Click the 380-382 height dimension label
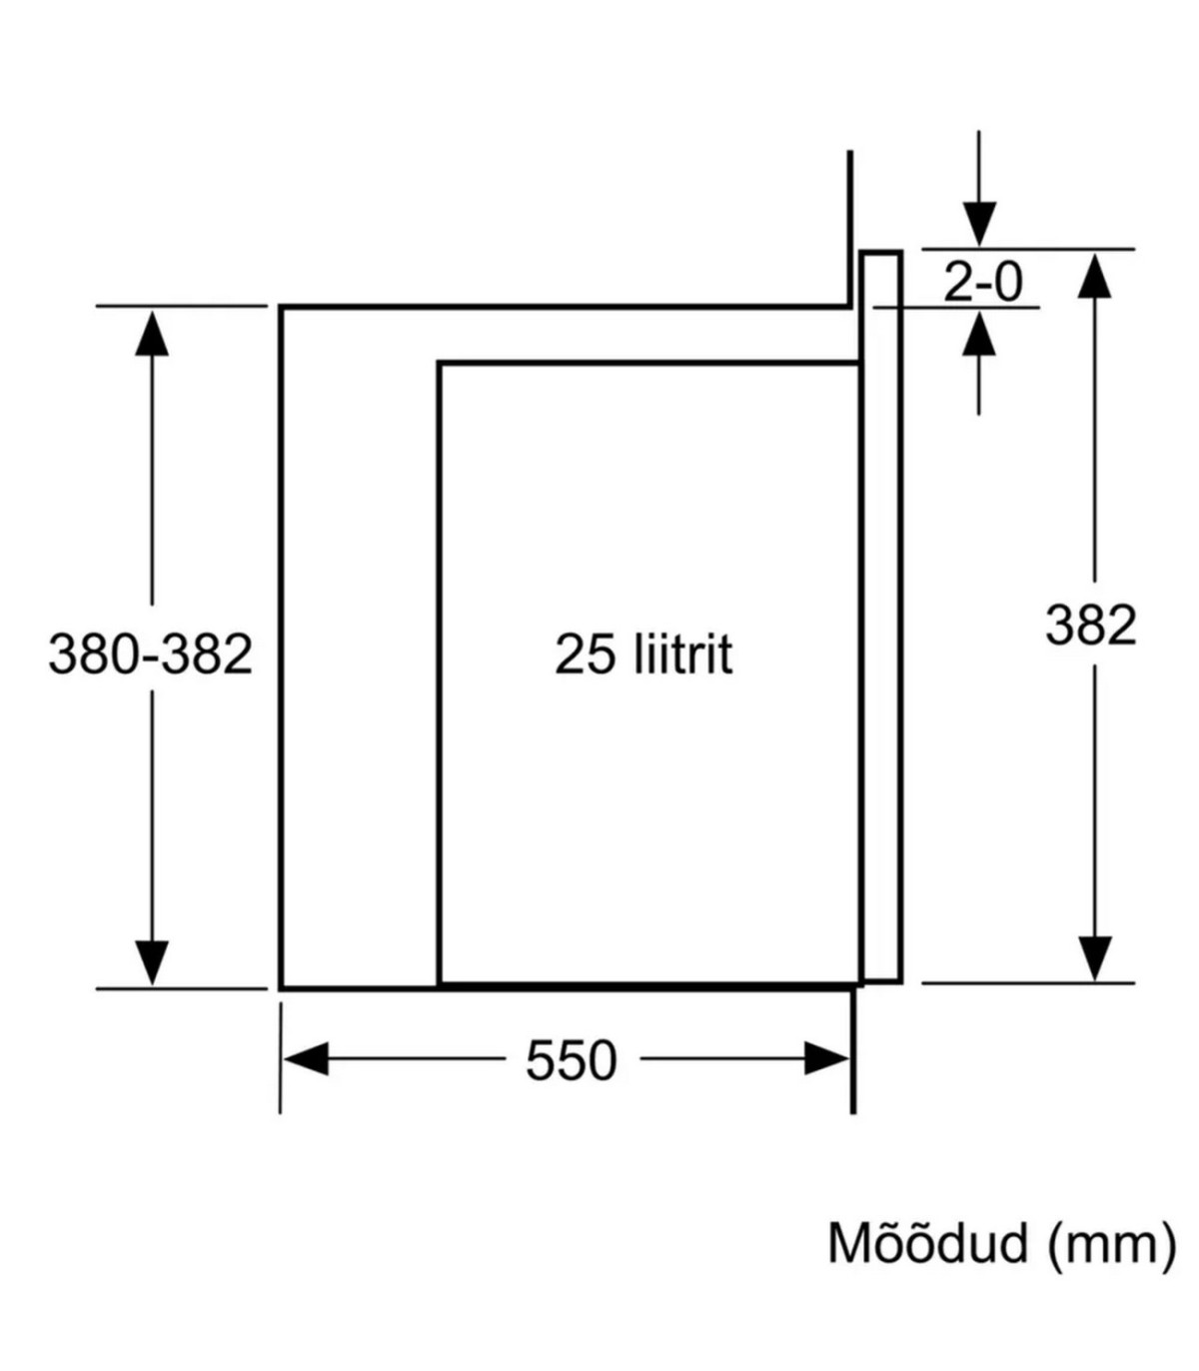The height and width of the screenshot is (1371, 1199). pyautogui.click(x=150, y=656)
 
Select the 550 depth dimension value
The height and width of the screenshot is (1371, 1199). pyautogui.click(x=572, y=1060)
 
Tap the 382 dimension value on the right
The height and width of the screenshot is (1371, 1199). pyautogui.click(x=1090, y=626)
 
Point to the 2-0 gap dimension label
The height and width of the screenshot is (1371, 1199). pyautogui.click(x=983, y=283)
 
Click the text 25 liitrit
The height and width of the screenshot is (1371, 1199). pyautogui.click(x=643, y=655)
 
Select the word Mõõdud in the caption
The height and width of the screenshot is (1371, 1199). pyautogui.click(x=928, y=1244)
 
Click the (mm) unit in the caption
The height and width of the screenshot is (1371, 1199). pyautogui.click(x=1112, y=1245)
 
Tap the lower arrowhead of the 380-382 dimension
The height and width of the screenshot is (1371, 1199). pyautogui.click(x=152, y=962)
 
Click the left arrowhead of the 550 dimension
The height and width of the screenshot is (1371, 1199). pyautogui.click(x=306, y=1059)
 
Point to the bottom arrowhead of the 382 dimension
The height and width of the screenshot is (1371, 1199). pyautogui.click(x=1096, y=957)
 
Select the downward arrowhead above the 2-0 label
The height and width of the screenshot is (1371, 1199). pyautogui.click(x=979, y=224)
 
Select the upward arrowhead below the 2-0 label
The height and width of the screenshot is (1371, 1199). pyautogui.click(x=979, y=334)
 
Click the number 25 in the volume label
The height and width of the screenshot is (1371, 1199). pyautogui.click(x=584, y=655)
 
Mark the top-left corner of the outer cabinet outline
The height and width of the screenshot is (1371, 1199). pyautogui.click(x=282, y=308)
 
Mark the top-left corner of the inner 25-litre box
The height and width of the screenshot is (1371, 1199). pyautogui.click(x=440, y=364)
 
